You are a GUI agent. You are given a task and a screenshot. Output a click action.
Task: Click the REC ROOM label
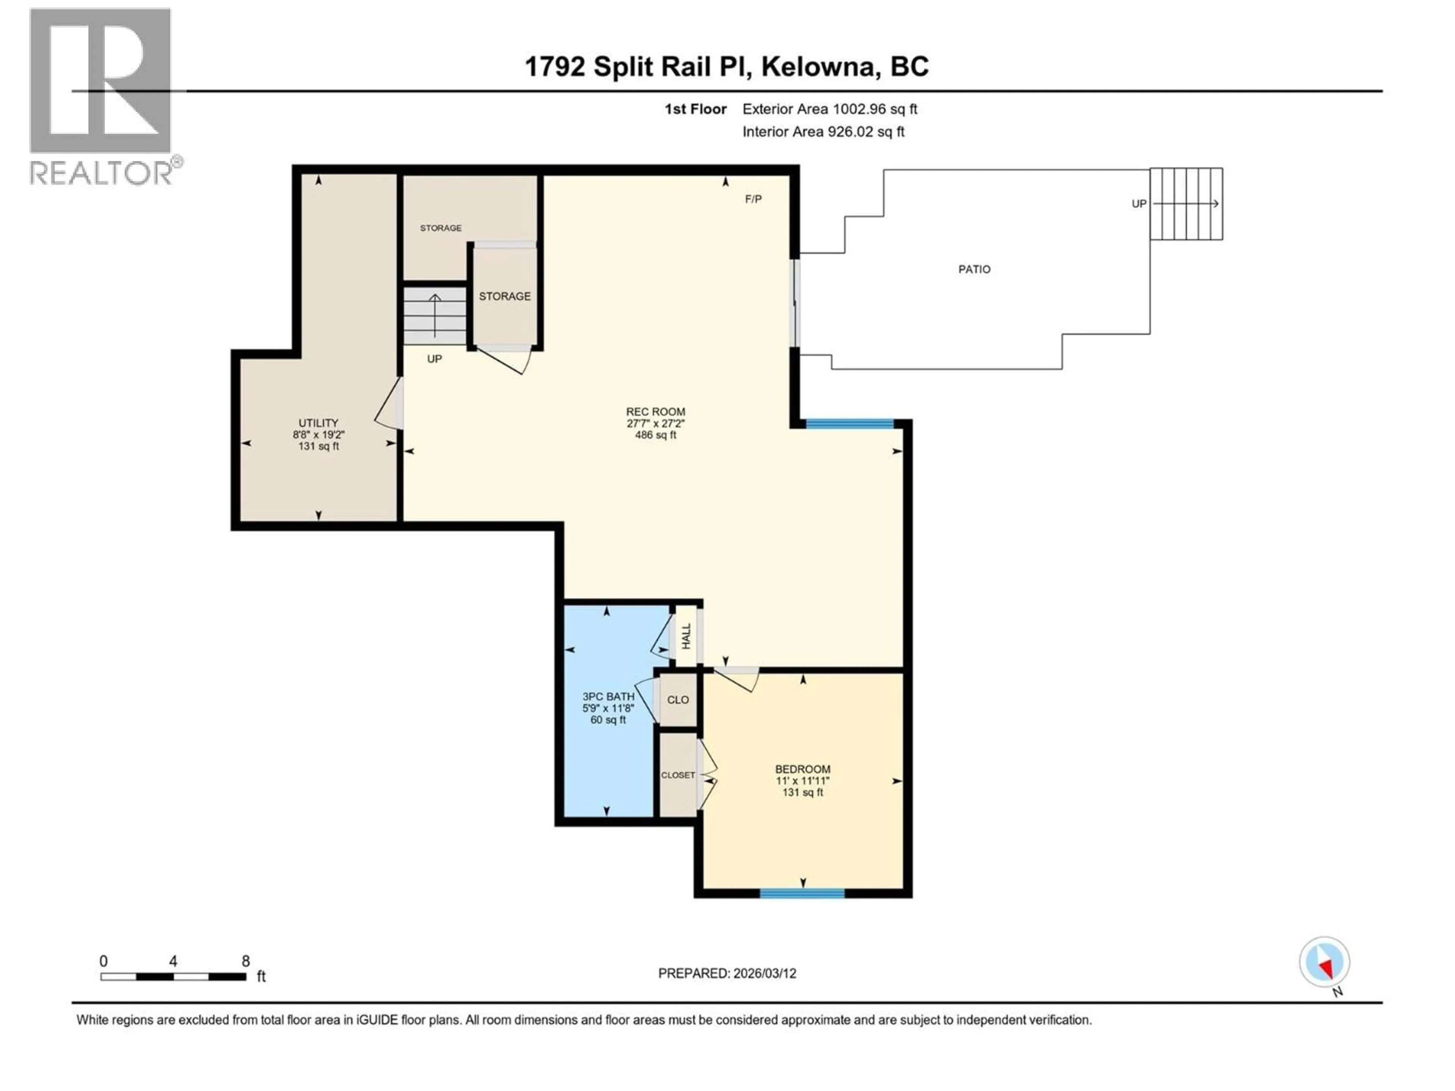click(655, 412)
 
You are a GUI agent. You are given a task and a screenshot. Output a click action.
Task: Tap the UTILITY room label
click(318, 423)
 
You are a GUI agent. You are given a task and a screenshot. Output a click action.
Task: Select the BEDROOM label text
click(803, 769)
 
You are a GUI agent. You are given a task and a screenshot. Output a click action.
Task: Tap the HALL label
click(686, 636)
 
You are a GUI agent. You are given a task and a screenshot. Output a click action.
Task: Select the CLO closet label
click(677, 700)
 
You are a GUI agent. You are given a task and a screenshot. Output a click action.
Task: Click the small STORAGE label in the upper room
click(441, 228)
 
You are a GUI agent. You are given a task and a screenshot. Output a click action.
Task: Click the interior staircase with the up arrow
click(435, 316)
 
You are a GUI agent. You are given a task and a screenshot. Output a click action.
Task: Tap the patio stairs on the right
click(1186, 204)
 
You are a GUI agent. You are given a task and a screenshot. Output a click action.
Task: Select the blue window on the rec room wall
click(850, 424)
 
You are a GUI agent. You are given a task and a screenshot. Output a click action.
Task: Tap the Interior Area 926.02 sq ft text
click(823, 131)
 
